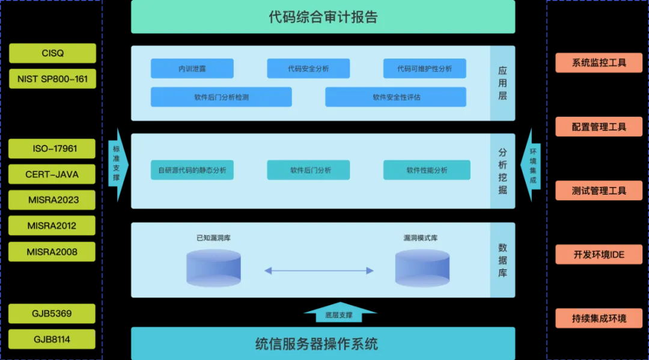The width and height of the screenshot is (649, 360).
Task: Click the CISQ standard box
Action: click(52, 53)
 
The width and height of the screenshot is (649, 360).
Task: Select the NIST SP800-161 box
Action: click(52, 79)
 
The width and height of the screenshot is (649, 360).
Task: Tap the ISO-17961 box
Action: click(52, 148)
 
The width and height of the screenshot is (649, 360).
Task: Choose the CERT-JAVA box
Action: click(52, 174)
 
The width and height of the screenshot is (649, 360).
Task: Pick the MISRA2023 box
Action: click(52, 200)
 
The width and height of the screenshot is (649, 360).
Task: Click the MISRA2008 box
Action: click(52, 252)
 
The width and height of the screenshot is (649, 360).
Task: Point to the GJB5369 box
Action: click(52, 314)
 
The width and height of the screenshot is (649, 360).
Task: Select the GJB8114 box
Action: click(52, 340)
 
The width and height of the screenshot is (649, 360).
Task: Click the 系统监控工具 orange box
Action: click(599, 63)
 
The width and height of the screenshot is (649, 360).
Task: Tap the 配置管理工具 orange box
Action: click(599, 127)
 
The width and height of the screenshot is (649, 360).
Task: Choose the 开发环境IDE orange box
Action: click(599, 254)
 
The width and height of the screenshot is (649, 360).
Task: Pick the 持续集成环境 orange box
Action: click(599, 318)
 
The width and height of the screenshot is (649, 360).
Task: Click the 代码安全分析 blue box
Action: click(308, 69)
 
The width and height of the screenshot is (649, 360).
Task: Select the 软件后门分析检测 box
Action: click(221, 97)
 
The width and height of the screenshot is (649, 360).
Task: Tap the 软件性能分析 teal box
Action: click(427, 170)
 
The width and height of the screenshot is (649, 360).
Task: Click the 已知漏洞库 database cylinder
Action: click(213, 268)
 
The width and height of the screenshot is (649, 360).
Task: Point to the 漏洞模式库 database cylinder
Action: click(422, 268)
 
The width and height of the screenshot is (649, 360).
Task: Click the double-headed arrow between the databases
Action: click(319, 270)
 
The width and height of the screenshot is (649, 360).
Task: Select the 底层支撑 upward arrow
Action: click(340, 313)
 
